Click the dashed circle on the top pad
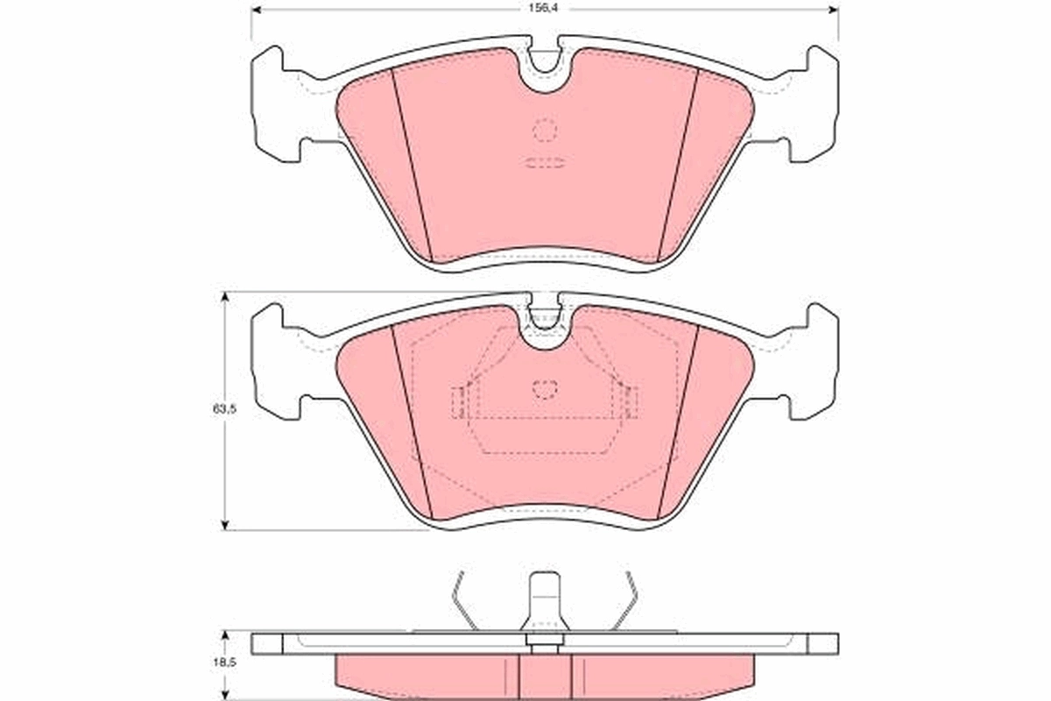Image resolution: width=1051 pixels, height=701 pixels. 545,130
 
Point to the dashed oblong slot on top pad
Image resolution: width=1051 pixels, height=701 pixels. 545,163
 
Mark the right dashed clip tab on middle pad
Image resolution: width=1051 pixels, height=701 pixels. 630,402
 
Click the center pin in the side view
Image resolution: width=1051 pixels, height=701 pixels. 545,605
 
